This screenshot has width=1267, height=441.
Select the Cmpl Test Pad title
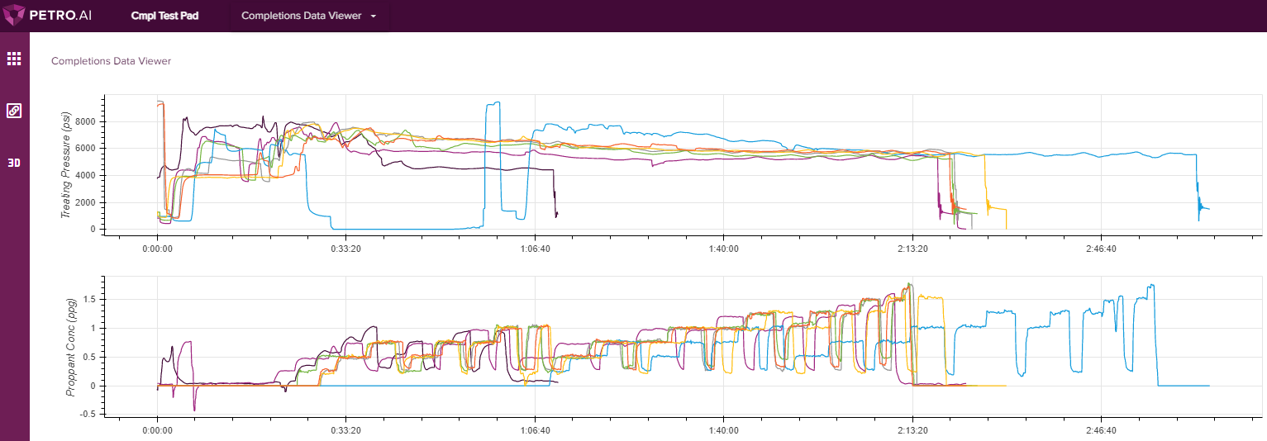tap(164, 16)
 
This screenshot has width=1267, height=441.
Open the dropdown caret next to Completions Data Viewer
tap(374, 17)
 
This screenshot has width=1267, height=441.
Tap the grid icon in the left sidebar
tap(14, 59)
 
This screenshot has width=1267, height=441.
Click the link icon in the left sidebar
tap(14, 111)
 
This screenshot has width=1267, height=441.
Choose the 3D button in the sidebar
tap(14, 163)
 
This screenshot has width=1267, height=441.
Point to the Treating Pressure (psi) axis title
tap(67, 165)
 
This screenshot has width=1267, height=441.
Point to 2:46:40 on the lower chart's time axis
tap(1100, 431)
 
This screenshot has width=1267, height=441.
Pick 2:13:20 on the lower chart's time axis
tap(912, 431)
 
